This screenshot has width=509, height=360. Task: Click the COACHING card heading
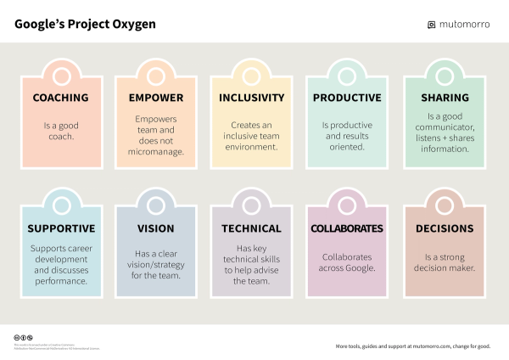pos(60,98)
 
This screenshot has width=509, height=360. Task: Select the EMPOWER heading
pos(156,98)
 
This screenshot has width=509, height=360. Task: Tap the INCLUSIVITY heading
pos(251,98)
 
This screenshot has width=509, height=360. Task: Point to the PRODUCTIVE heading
pos(347,98)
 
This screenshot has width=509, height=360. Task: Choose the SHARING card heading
pos(445,98)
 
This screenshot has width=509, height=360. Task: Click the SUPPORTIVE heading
pos(60,228)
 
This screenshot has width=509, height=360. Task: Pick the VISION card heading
pos(156,228)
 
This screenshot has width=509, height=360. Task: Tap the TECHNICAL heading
pos(251,228)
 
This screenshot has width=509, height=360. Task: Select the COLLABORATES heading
pos(347,228)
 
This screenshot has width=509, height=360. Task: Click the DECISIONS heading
pos(445,228)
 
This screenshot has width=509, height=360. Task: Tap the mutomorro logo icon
pos(431,25)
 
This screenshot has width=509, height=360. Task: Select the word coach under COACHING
pos(60,136)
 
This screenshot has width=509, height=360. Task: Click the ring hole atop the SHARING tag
pos(445,76)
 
